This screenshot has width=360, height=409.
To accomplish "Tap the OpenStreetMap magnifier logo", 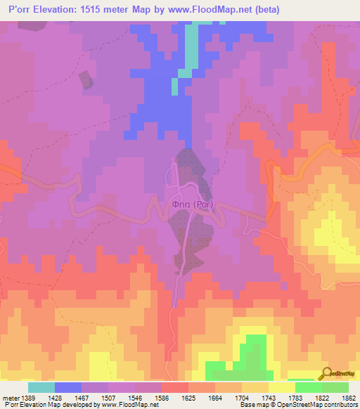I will (x=326, y=374).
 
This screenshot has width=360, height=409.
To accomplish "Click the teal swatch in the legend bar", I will (x=41, y=387).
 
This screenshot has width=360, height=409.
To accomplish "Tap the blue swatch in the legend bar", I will (x=68, y=387).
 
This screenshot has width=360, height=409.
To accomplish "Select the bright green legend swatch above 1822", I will (x=308, y=387).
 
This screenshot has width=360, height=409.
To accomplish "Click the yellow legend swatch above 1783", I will (x=281, y=387).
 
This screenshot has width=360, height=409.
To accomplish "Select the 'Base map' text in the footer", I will (x=253, y=405).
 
